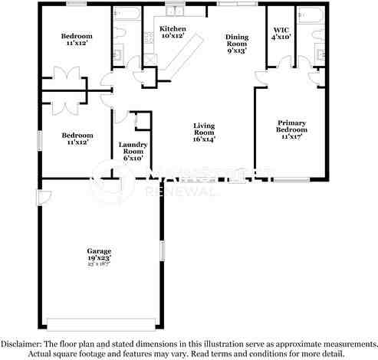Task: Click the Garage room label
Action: point(98,251)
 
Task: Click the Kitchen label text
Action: point(172,29)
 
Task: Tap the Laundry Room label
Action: point(132,148)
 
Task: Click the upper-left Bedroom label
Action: point(77,36)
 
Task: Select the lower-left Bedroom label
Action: point(77,135)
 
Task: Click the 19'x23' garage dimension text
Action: point(98,259)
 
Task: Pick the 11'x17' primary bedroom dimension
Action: point(291,136)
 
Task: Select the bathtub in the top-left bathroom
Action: point(125,15)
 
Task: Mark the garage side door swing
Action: point(45,196)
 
